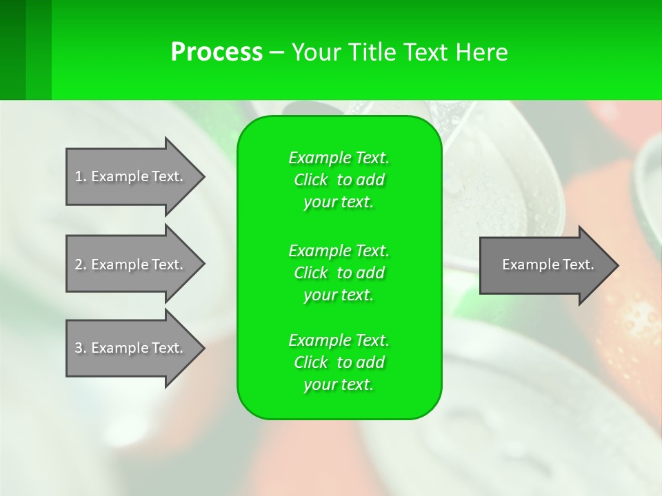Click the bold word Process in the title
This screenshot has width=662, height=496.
(x=217, y=52)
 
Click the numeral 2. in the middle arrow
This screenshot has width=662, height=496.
(x=81, y=265)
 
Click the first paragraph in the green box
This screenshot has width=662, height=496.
(x=339, y=180)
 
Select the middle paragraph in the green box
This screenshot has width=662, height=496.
(x=339, y=273)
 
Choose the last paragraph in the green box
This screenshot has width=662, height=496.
(x=339, y=362)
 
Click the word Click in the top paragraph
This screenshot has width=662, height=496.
(x=311, y=180)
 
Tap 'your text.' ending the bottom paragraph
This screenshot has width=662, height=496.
(x=339, y=384)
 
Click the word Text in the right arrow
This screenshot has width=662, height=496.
(x=579, y=265)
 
